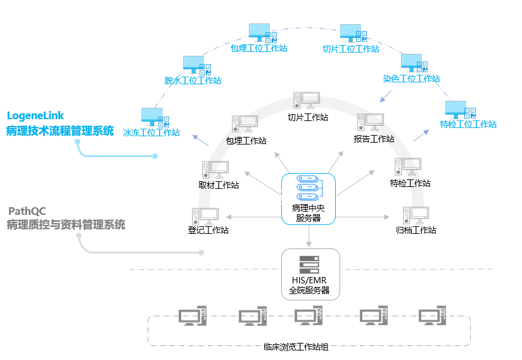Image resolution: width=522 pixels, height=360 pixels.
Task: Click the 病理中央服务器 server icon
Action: (x=308, y=188)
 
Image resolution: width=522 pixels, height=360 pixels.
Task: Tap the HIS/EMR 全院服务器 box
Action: (x=310, y=274)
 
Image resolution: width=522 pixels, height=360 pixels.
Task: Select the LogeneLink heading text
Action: (x=35, y=115)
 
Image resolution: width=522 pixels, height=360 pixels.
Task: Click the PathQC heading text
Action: (x=27, y=210)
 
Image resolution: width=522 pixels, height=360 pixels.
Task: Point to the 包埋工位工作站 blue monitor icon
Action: (x=259, y=32)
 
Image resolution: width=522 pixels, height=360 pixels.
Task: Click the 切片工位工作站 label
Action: (x=350, y=49)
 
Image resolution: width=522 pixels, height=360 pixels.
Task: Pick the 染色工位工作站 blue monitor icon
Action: (x=411, y=63)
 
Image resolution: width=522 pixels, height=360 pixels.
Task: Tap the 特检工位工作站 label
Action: (x=468, y=124)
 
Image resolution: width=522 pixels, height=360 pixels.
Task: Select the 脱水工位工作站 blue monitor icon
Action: (x=193, y=65)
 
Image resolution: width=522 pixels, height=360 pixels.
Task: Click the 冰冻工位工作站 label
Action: (x=151, y=133)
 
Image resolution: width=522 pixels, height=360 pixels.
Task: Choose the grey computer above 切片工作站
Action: (x=307, y=101)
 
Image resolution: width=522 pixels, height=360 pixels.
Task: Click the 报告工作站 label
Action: (x=374, y=139)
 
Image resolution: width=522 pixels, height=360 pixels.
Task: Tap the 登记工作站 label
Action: (x=208, y=230)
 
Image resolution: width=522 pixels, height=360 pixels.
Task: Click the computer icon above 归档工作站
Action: (x=415, y=215)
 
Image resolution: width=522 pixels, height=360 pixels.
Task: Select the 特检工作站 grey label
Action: (x=410, y=183)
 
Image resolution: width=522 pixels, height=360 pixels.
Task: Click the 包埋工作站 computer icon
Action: (x=245, y=124)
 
